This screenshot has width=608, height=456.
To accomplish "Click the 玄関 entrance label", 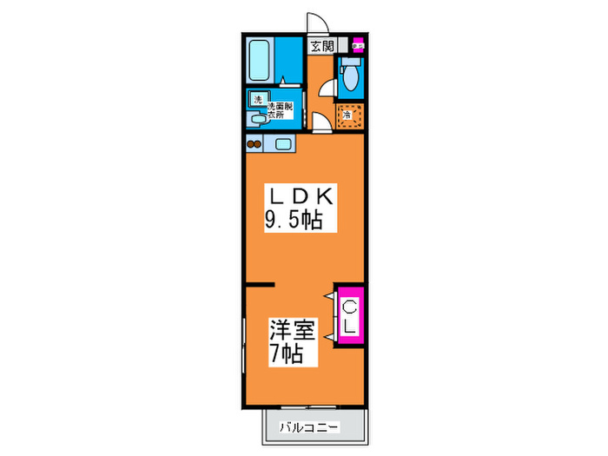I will [x=323, y=46].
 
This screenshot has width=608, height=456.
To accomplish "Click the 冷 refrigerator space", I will [x=347, y=115].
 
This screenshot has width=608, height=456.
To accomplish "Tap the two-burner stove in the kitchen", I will [x=255, y=144].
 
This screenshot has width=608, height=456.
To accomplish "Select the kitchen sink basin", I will [x=283, y=143].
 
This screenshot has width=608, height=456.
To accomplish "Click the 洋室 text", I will [x=290, y=331].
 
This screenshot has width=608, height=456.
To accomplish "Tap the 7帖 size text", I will [x=287, y=354].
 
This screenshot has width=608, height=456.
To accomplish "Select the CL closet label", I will [x=349, y=316].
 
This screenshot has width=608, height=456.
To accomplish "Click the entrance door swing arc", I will [x=317, y=24].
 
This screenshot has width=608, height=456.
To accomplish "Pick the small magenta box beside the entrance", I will [x=358, y=46].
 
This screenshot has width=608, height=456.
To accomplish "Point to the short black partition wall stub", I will [x=260, y=285].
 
